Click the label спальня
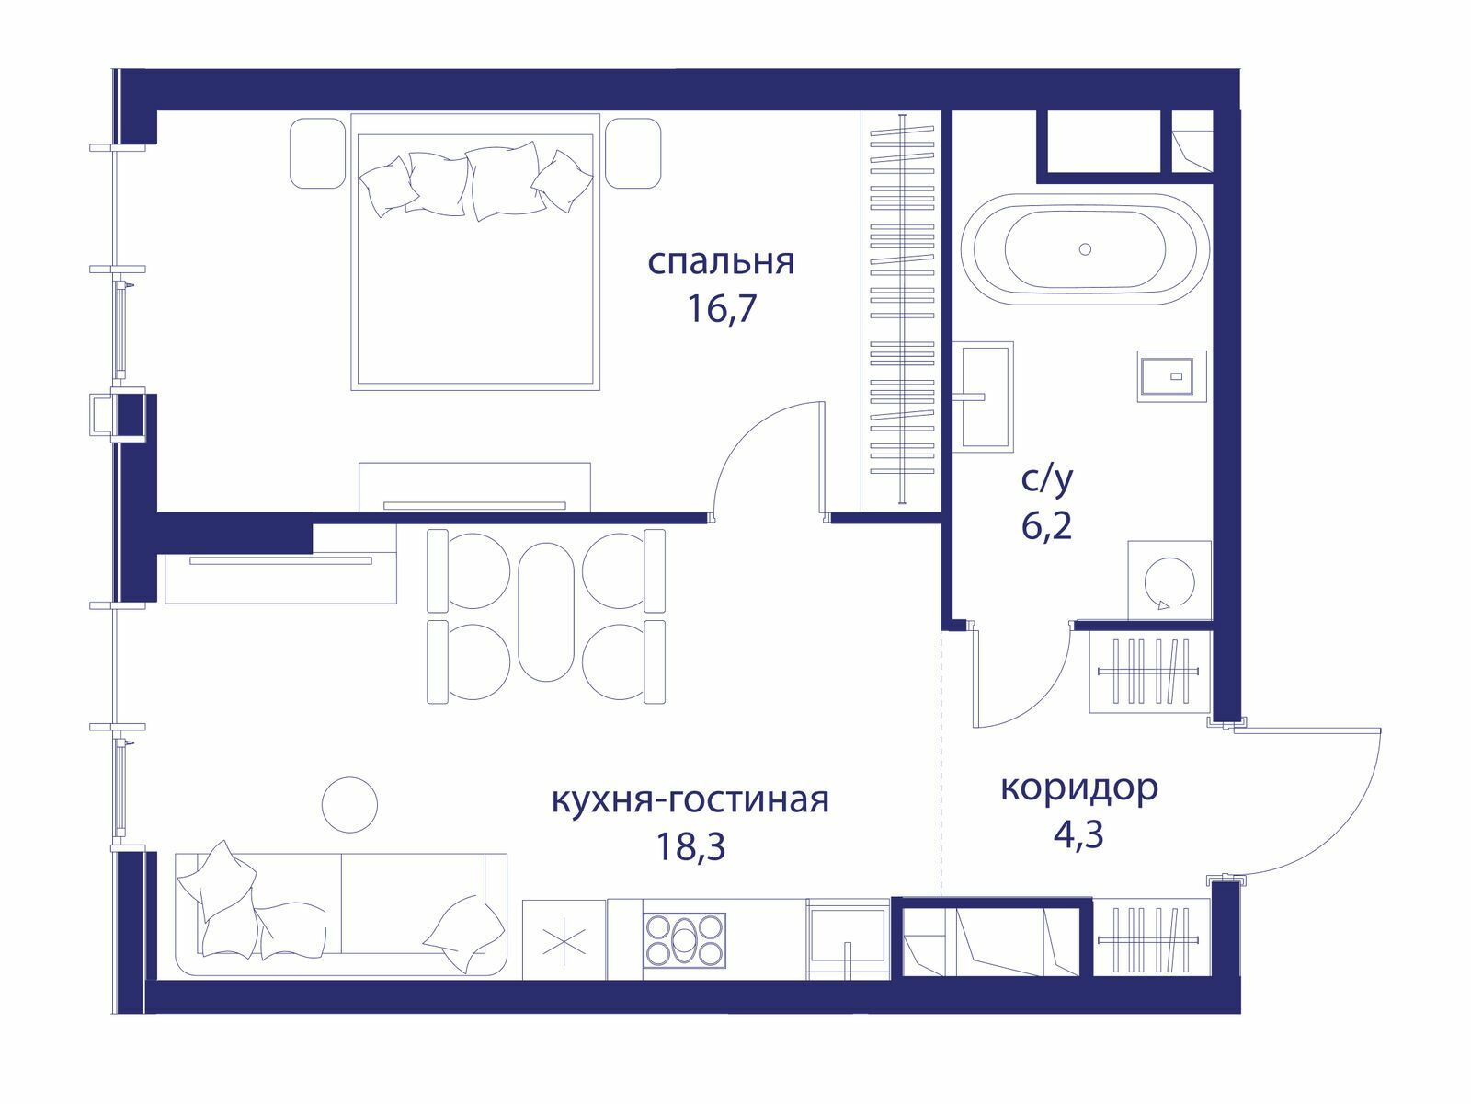click(x=721, y=262)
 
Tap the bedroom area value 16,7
click(x=721, y=309)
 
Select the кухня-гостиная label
click(x=690, y=800)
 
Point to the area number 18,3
click(x=690, y=847)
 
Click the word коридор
click(x=1079, y=789)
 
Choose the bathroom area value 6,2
click(x=1047, y=526)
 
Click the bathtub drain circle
click(x=1085, y=249)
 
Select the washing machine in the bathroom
click(x=1169, y=581)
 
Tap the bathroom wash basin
click(x=983, y=396)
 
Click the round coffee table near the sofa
click(x=350, y=804)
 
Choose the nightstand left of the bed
click(x=317, y=153)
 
